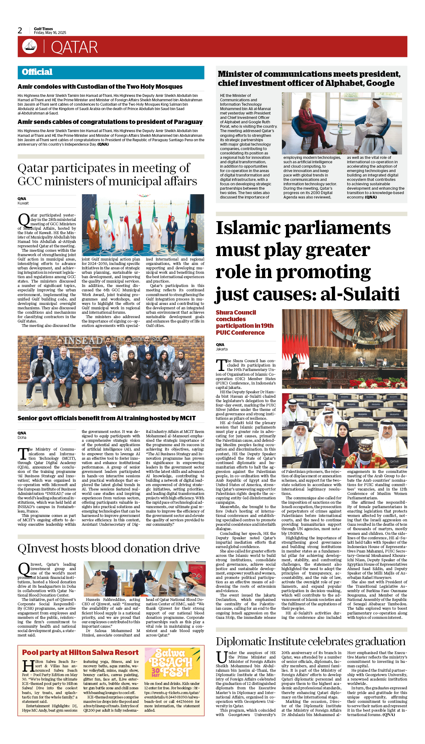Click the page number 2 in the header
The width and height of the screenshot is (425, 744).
(x=20, y=31)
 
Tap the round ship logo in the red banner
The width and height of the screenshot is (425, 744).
(x=30, y=47)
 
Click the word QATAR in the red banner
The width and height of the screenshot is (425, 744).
(x=74, y=48)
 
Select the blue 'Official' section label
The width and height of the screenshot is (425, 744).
(x=37, y=72)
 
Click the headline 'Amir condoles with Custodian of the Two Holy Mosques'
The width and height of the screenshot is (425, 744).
(x=100, y=87)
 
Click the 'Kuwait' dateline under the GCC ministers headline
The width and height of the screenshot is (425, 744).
(x=23, y=203)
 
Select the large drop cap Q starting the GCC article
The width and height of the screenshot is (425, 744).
(x=24, y=220)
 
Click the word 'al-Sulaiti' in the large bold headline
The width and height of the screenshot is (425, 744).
(x=360, y=294)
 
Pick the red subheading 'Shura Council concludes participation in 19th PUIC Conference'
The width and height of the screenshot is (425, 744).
(x=244, y=322)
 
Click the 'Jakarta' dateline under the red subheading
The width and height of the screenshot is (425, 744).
(x=221, y=349)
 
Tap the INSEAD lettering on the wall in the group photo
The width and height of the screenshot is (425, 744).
(x=83, y=341)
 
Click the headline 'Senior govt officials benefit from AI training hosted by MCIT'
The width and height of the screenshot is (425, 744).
(x=106, y=418)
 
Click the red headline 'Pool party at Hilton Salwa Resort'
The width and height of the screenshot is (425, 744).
(x=80, y=652)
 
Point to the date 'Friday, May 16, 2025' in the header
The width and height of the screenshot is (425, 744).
(x=50, y=33)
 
